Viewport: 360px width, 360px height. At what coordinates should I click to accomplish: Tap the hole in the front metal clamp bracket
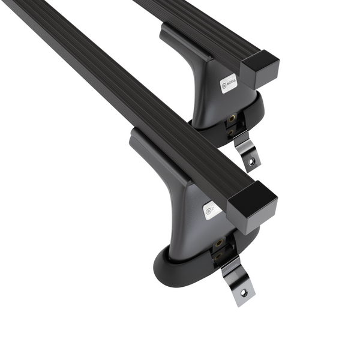tap(243, 292)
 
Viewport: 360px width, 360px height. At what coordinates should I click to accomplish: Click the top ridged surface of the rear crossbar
tap(198, 24)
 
